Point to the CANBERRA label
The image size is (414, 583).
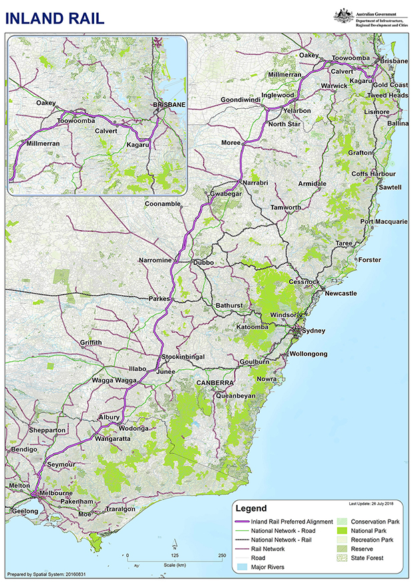coord(214,382)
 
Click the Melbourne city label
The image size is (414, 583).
coord(55,493)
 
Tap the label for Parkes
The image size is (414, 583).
coord(161,298)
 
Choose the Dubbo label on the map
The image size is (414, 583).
coord(203,263)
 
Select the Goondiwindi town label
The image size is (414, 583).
coord(244,100)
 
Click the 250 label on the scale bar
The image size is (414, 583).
coord(221,555)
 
